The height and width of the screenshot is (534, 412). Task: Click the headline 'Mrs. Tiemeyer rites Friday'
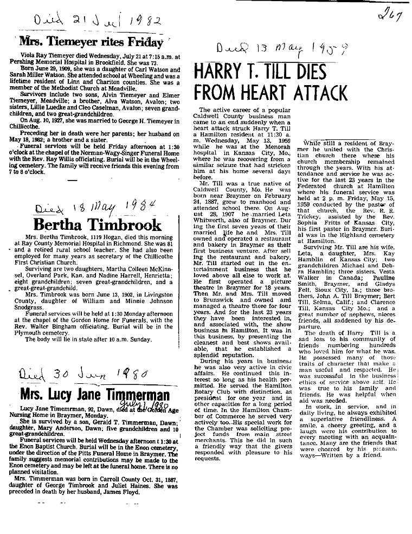(91, 41)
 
